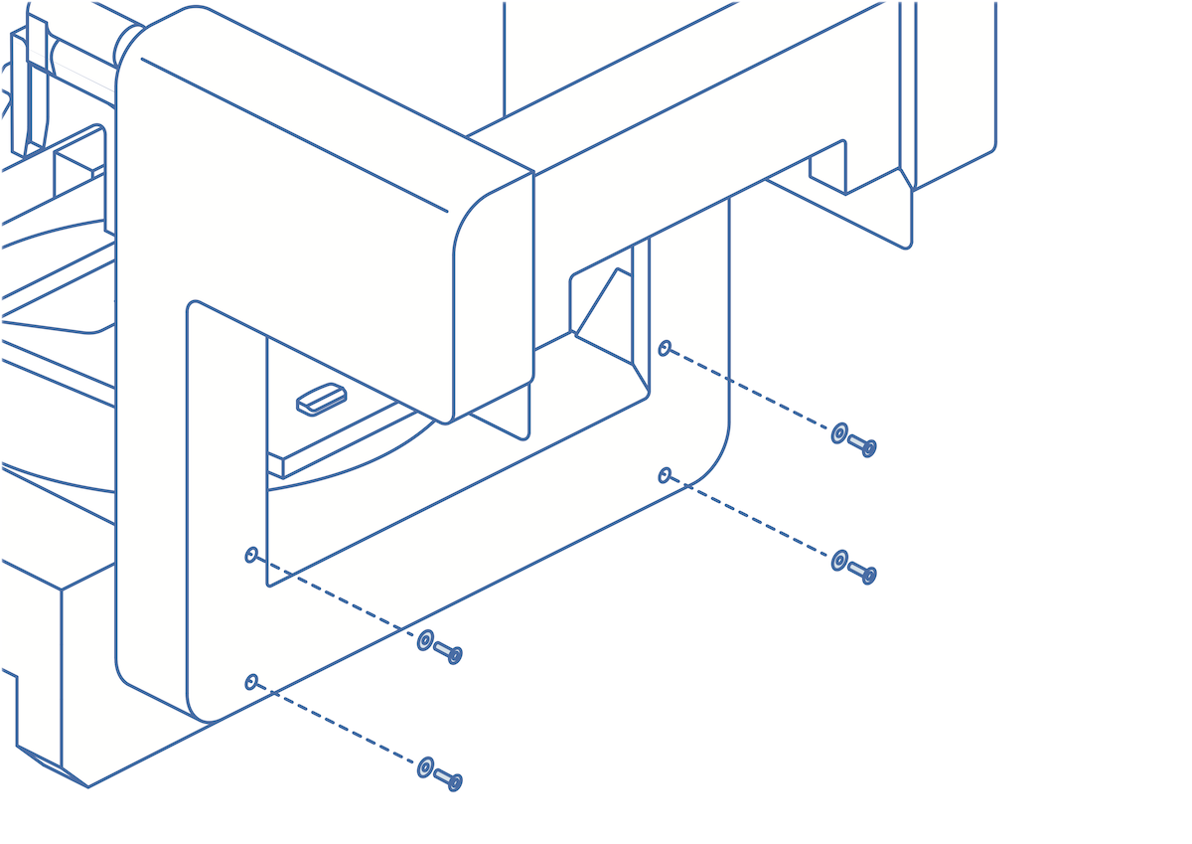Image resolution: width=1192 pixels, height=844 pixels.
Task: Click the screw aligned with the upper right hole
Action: click(862, 444)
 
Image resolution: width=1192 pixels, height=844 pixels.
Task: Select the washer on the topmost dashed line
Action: click(839, 432)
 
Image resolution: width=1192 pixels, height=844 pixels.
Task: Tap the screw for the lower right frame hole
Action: click(862, 572)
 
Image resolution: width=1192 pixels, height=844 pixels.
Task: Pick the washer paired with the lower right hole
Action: click(839, 561)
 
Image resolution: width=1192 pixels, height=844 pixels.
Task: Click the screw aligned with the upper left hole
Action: click(448, 652)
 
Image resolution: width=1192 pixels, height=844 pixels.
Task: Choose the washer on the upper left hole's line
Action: click(425, 640)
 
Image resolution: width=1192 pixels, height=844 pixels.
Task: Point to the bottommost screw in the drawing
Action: click(448, 779)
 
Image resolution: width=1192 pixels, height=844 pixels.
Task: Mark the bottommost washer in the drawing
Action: click(425, 767)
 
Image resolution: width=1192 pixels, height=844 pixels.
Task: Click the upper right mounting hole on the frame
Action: click(665, 348)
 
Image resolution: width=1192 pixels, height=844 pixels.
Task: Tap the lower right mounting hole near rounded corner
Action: click(665, 475)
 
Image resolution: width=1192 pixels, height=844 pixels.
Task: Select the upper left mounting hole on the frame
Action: click(251, 555)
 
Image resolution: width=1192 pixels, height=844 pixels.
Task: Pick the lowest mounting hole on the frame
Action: click(251, 682)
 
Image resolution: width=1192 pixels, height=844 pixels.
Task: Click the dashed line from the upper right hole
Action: click(750, 390)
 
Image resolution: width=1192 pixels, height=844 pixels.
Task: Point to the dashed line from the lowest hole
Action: click(338, 724)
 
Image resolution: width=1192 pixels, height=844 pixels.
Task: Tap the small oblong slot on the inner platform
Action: click(322, 399)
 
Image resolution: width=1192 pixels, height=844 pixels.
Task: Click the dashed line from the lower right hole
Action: click(750, 517)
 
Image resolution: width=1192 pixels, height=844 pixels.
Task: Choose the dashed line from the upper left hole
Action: click(338, 596)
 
